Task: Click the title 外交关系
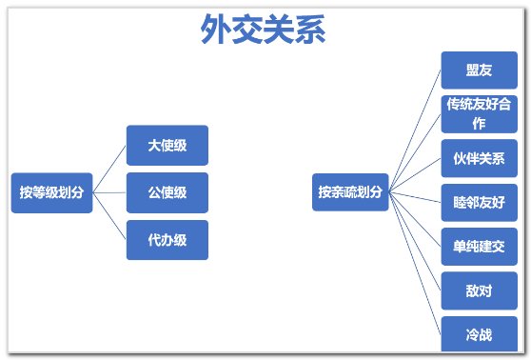tap(264, 30)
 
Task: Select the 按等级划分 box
tap(51, 192)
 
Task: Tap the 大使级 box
tap(167, 146)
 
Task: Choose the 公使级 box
tap(167, 192)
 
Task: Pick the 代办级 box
tap(167, 240)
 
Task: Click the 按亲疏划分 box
tap(350, 192)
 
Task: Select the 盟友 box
tap(479, 70)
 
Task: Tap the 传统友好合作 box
tap(479, 114)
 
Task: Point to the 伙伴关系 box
tap(479, 158)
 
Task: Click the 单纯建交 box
tap(479, 247)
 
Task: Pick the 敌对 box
tap(479, 290)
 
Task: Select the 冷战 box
tap(479, 334)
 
